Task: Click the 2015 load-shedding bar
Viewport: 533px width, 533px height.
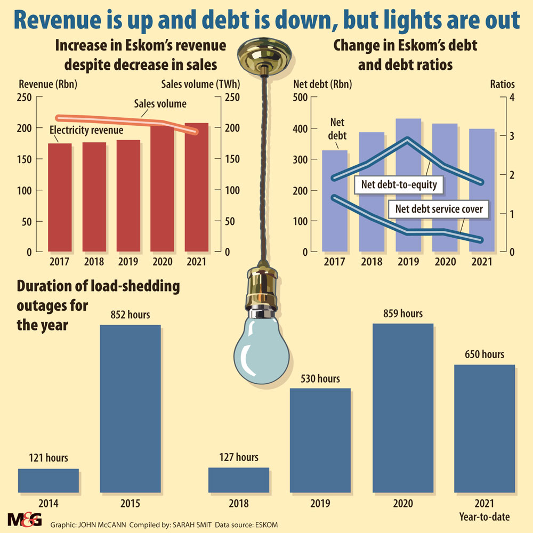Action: coord(131,408)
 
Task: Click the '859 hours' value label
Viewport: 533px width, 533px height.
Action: coord(403,314)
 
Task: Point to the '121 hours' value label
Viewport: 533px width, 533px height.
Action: coord(48,458)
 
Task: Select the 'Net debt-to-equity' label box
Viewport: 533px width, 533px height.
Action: coord(400,185)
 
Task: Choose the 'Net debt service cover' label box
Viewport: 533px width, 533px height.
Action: coord(439,209)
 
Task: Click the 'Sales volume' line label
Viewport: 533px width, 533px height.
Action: coord(160,104)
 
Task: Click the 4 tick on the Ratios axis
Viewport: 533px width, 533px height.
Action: coord(510,97)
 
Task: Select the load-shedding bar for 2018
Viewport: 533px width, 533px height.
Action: coord(239,480)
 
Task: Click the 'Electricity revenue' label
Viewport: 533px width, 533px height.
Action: coord(86,130)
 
